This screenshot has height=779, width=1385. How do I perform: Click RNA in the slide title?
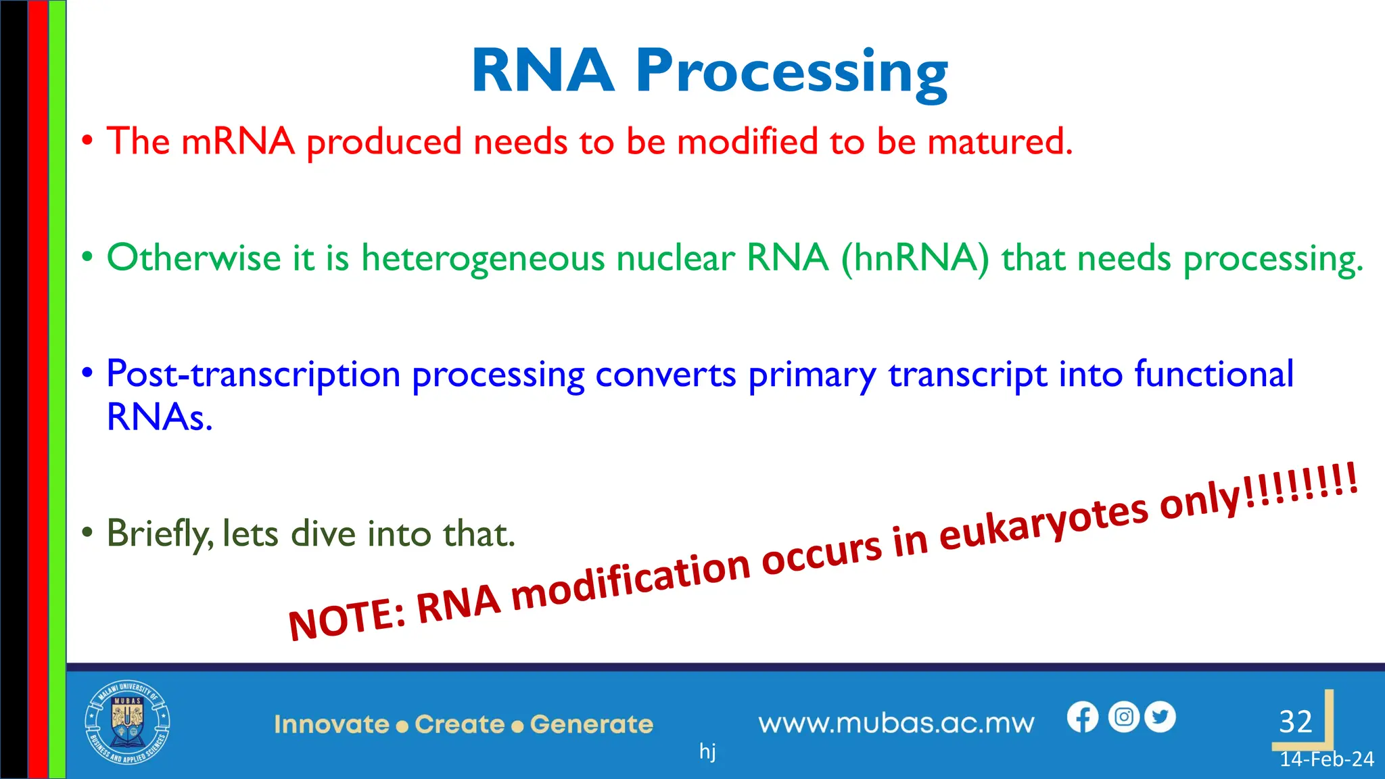coord(542,70)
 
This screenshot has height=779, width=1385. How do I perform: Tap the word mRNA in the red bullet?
coord(238,142)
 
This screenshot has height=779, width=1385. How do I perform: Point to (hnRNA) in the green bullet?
coord(914,258)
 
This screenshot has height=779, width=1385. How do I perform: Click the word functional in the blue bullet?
coord(1214,374)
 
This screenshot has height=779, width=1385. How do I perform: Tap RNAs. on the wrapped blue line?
coord(160,417)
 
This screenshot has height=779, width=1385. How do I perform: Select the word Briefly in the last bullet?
coord(160,534)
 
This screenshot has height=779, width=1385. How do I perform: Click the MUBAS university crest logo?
coord(127,723)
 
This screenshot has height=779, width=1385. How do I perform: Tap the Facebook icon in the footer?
coord(1083,717)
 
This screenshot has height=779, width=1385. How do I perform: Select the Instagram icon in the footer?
coord(1124,717)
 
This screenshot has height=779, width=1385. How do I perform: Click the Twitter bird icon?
coord(1160,717)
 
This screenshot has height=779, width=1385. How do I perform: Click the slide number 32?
coord(1295,722)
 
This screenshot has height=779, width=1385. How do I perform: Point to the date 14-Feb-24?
coord(1326,759)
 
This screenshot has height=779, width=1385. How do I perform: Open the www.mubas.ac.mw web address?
coord(896,724)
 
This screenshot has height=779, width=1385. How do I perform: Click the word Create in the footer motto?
coord(460,724)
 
